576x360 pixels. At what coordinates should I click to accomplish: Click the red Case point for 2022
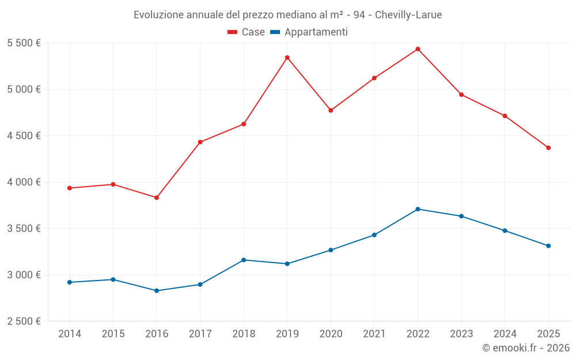418,49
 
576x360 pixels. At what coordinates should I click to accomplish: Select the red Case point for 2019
287,58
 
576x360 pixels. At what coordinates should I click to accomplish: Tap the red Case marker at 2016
157,198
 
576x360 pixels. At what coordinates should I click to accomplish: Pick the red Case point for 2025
548,148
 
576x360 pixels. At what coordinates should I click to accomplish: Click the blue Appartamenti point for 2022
418,209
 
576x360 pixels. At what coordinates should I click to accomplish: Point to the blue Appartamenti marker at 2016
157,291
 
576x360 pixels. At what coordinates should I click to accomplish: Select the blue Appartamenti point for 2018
244,260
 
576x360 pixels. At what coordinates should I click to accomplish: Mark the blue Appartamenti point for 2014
70,282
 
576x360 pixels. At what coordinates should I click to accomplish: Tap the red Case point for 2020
331,111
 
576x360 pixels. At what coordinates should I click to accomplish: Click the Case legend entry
247,32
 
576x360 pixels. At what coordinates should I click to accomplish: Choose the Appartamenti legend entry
309,32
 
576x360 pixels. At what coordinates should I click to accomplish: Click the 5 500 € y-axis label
24,43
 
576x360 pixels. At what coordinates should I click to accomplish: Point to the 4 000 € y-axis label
24,182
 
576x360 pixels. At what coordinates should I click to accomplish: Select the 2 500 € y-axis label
24,321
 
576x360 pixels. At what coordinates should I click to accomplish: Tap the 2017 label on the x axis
200,334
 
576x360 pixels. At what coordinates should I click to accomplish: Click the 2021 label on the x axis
374,334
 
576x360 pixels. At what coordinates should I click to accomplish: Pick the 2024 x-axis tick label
505,334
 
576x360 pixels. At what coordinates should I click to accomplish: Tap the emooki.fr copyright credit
525,348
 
